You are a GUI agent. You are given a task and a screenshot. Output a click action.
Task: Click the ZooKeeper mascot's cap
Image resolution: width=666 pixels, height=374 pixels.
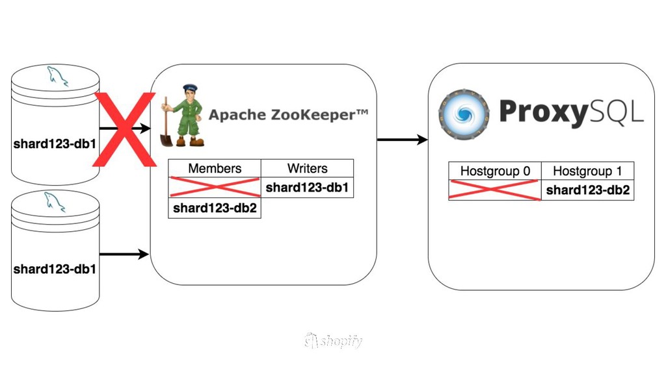pos(189,88)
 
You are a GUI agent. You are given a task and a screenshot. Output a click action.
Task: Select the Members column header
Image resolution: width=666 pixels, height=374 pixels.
pos(215,168)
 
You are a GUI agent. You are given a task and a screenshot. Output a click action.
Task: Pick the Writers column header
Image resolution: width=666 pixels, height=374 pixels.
pos(307,168)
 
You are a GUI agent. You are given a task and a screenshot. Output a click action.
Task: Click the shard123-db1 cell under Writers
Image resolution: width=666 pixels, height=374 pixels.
pos(307,188)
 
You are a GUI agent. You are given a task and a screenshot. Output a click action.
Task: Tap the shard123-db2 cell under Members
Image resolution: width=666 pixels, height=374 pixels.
pos(215,208)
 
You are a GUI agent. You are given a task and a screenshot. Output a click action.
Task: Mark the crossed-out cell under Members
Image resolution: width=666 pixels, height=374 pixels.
pos(215,188)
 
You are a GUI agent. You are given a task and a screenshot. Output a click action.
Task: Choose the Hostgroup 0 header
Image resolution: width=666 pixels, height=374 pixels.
pos(495,171)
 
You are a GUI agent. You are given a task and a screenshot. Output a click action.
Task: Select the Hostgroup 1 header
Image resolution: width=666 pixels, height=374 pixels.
pos(587,171)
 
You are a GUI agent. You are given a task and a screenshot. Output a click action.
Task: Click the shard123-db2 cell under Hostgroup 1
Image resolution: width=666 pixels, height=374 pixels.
pos(587,190)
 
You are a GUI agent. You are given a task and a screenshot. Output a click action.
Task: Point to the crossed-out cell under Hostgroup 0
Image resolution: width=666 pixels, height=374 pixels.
pos(495,190)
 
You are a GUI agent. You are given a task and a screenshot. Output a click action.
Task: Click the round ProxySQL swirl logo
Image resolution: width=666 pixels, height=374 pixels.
pos(464,115)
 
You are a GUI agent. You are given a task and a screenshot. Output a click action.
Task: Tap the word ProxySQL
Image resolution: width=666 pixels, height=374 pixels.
pos(571,112)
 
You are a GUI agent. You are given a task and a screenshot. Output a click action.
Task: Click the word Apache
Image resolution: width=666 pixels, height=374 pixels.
pos(232,116)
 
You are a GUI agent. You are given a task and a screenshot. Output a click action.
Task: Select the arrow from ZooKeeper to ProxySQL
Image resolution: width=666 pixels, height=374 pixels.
pos(402,140)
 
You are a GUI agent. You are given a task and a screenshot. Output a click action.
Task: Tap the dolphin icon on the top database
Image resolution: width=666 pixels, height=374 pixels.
pos(56,76)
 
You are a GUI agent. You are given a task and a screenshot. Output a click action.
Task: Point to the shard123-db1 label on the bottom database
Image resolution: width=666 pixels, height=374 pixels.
pos(55,269)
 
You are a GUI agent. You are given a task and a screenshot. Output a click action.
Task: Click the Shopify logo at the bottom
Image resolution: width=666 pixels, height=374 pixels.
pos(333,341)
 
